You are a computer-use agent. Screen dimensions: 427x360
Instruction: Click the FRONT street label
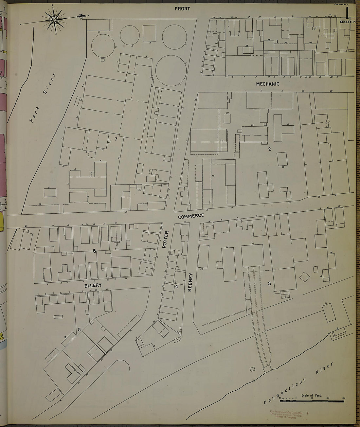point(182,9)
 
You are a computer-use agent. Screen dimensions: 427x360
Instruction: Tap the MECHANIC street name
point(268,84)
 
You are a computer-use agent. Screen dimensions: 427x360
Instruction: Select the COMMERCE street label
point(191,216)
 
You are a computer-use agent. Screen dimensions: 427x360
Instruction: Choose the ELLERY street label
point(93,285)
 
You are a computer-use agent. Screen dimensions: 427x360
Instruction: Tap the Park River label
point(43,98)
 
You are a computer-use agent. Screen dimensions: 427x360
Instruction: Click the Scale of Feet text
point(312,395)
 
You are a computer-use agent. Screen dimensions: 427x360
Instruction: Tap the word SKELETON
point(348,22)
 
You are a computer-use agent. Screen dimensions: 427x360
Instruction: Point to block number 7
point(116,139)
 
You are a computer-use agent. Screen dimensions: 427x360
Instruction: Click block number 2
point(269,149)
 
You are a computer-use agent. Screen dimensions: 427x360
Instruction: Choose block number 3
point(269,283)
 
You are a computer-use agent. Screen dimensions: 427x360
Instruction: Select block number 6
point(94,251)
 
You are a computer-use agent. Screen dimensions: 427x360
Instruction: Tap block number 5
point(79,329)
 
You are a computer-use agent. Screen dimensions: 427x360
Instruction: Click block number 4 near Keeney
point(176,287)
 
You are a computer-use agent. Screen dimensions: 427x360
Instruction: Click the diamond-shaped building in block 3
point(305,277)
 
